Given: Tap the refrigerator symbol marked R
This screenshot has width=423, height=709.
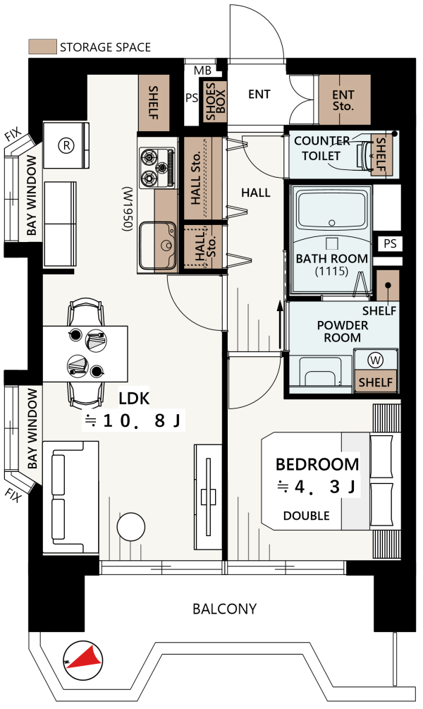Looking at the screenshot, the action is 66,145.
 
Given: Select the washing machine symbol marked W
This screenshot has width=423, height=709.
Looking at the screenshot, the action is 376,360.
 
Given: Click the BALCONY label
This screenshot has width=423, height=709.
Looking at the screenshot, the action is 225,609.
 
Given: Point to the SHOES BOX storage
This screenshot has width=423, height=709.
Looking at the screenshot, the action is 216,102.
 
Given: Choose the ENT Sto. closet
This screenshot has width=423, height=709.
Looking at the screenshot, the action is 345,100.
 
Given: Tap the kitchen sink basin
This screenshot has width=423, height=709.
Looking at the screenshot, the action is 157,246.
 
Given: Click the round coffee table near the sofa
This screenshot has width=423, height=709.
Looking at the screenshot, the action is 131,527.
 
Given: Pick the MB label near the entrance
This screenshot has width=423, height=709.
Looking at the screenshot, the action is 202,71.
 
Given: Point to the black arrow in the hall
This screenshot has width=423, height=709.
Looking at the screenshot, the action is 280,325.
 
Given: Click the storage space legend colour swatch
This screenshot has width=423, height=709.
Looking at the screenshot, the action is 42,47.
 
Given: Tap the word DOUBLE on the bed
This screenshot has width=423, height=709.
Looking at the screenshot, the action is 307,516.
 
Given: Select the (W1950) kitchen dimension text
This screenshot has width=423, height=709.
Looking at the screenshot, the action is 127,210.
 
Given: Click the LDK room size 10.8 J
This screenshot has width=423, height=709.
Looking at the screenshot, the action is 133,421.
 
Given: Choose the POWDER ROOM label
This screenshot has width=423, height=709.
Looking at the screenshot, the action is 342,332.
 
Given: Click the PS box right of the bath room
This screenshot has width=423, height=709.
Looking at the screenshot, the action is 390,243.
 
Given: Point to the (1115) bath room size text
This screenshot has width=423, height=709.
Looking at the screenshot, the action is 332,272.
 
